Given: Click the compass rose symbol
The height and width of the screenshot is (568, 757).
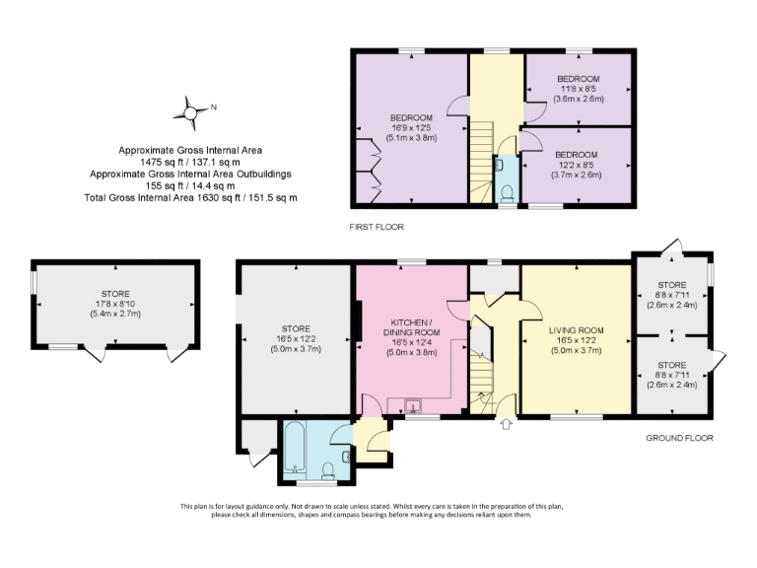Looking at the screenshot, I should (x=188, y=112).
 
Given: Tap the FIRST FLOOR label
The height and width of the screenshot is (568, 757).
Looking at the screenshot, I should (x=378, y=227).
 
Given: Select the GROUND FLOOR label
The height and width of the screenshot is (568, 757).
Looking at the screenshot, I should (x=679, y=438).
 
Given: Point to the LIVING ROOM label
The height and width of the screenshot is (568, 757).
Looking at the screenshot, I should (x=577, y=330).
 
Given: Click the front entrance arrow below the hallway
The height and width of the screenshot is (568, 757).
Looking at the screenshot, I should (x=507, y=425).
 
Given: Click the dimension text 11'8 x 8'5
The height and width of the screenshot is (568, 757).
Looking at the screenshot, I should (x=578, y=89).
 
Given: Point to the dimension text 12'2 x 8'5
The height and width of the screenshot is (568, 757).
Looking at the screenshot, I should (x=576, y=166).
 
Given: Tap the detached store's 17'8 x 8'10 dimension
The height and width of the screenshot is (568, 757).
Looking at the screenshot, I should (x=113, y=304).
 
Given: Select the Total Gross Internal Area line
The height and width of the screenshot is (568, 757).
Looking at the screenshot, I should (x=190, y=197).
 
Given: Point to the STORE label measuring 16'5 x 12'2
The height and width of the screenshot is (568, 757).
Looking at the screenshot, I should (x=296, y=328).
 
